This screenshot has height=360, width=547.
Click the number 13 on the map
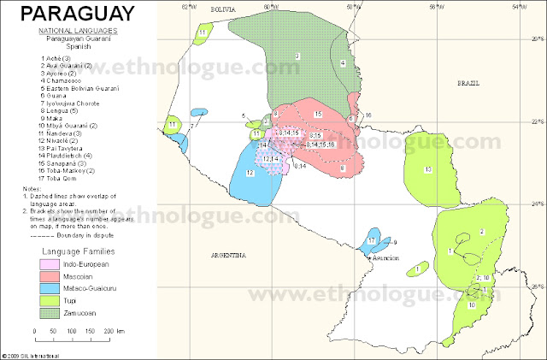(x=427, y=170)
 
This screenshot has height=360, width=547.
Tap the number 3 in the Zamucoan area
(x=297, y=56)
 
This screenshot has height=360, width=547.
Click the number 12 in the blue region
(x=250, y=173)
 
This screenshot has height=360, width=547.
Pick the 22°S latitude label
(x=536, y=120)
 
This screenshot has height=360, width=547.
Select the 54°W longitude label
(x=516, y=6)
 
